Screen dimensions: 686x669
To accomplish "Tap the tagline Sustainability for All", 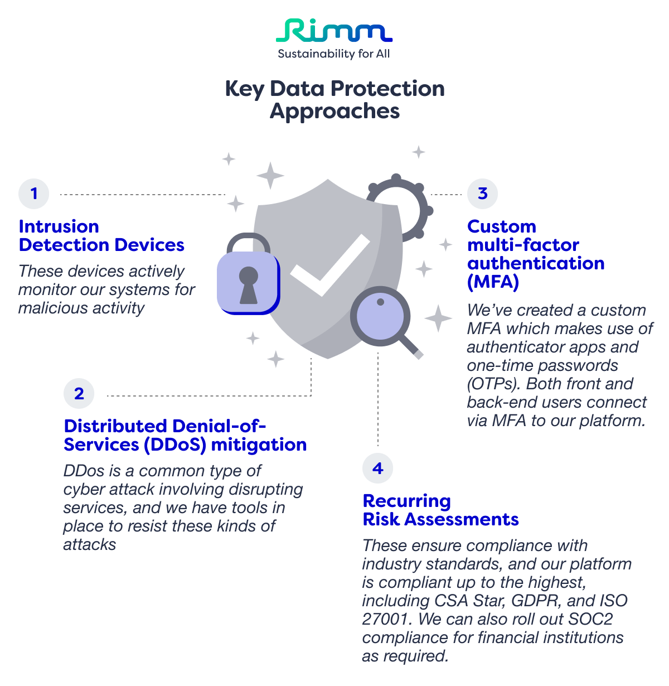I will click(334, 54).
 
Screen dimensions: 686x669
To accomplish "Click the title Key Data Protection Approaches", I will click(334, 99).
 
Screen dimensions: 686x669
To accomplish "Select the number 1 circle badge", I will click(34, 194).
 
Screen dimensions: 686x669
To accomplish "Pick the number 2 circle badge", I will click(79, 393).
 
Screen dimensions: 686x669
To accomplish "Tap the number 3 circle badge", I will click(482, 194).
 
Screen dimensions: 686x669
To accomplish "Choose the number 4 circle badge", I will click(377, 468).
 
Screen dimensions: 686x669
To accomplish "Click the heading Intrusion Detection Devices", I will click(101, 235).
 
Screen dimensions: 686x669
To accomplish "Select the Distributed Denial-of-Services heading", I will click(185, 435).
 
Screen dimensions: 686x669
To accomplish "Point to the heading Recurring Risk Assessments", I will click(440, 510).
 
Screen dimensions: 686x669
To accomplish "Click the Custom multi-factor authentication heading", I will click(535, 254).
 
